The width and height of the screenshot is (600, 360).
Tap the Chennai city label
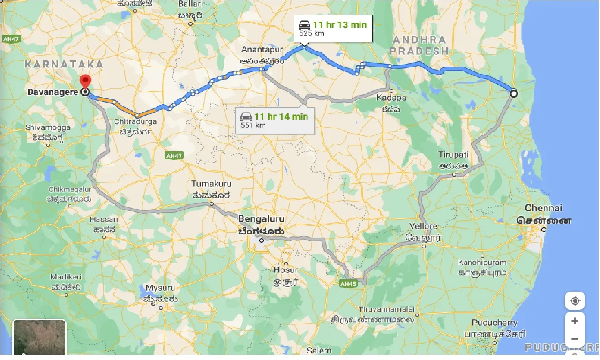tap(544, 208)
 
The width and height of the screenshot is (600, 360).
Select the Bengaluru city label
tap(261, 219)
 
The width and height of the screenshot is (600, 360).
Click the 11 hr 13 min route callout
tap(333, 29)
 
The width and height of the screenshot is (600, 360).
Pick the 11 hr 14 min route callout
tap(274, 120)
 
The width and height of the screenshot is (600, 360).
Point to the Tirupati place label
tap(453, 155)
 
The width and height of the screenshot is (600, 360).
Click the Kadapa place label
tap(390, 97)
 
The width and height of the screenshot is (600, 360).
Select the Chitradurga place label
tap(135, 121)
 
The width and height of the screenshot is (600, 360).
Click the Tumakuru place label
tap(209, 184)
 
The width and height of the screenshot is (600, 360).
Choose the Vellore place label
tap(423, 226)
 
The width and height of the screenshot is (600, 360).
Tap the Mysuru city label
tap(160, 287)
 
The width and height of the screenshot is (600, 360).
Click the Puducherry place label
tap(495, 322)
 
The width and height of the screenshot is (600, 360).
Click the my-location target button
tap(575, 300)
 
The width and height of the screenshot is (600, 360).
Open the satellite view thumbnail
tap(39, 338)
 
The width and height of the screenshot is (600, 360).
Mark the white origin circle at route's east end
tap(514, 93)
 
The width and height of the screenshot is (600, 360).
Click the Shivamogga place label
tap(48, 127)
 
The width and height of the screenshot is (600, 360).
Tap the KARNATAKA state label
tap(64, 64)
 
